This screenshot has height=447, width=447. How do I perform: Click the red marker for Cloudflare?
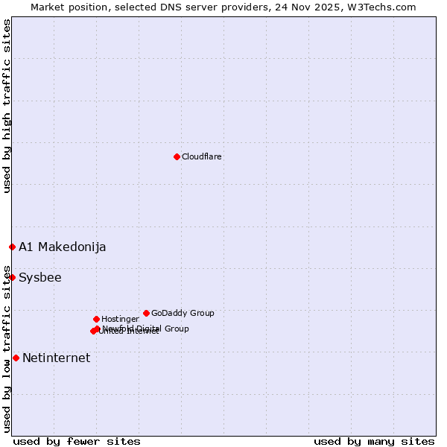(177, 156)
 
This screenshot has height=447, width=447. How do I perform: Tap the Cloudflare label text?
(201, 156)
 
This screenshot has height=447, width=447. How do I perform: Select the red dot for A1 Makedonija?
(12, 247)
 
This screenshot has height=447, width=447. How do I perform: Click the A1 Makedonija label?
(62, 247)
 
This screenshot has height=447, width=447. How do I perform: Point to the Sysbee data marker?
(12, 277)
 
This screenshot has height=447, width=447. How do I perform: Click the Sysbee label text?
(40, 278)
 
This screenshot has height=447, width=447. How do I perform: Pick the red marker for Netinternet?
(16, 358)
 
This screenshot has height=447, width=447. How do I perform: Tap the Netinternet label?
(56, 358)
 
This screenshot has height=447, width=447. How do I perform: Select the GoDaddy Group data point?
(146, 313)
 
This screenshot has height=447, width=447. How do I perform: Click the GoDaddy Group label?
(183, 313)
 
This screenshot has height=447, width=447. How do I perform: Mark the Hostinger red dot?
(96, 319)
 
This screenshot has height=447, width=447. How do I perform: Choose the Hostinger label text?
(120, 319)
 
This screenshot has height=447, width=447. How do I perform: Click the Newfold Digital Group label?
(146, 328)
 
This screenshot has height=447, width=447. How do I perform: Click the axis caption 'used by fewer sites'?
(76, 441)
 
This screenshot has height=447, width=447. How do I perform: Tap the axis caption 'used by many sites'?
(374, 441)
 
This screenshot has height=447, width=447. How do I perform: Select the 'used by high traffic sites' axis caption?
(7, 106)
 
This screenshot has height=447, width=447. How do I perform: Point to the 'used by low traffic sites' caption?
(7, 348)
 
